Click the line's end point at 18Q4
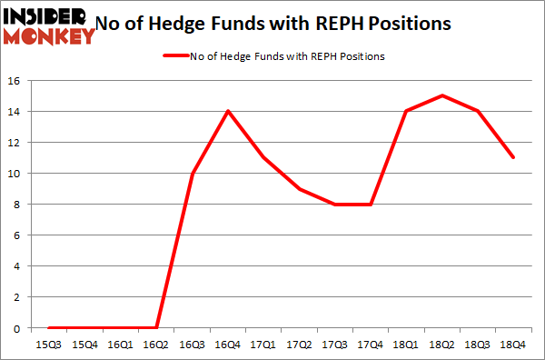513,157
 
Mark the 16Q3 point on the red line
192,173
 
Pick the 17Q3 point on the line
335,204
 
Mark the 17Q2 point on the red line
299,188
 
